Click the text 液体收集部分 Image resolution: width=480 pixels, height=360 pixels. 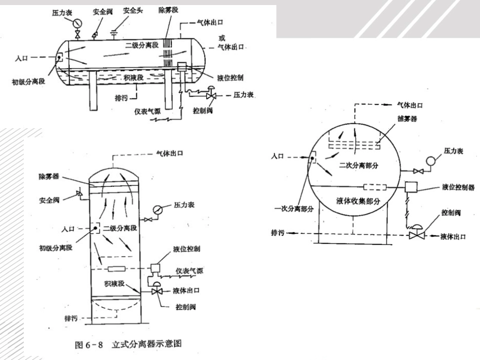point(358,201)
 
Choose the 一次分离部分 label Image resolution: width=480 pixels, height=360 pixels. point(288,208)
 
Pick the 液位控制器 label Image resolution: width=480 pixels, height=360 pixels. point(458,187)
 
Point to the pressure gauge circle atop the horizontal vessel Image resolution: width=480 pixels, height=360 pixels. point(77,23)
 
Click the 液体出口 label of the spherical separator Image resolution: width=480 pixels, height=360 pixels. point(453,236)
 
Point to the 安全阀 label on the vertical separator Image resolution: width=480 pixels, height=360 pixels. point(50,200)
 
